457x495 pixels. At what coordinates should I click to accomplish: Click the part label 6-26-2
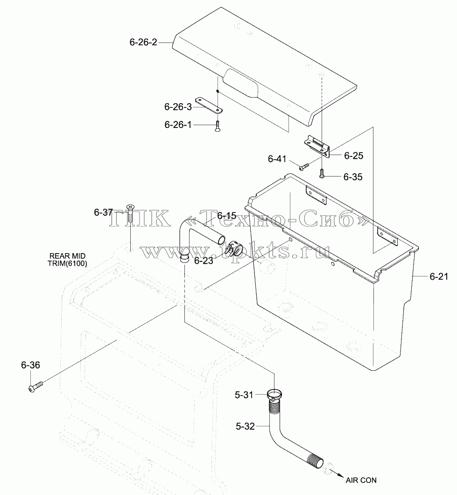[x=143, y=42]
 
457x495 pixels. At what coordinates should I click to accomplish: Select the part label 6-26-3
[x=178, y=106]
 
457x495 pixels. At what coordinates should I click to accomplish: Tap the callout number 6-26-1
[x=178, y=125]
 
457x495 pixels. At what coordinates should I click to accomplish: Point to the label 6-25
[x=353, y=156]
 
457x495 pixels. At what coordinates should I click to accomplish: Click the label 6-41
[x=277, y=159]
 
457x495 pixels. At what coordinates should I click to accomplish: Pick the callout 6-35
[x=353, y=177]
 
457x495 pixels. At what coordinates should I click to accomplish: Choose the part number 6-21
[x=439, y=276]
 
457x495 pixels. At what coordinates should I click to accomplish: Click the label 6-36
[x=31, y=365]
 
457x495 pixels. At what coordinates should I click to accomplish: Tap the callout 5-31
[x=244, y=395]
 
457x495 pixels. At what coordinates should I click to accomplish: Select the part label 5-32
[x=245, y=426]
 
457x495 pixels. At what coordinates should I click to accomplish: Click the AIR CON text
[x=361, y=480]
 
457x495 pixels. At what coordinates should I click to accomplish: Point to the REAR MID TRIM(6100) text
[x=68, y=260]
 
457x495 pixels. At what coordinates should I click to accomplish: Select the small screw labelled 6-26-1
[x=218, y=126]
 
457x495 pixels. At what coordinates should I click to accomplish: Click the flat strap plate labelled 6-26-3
[x=209, y=105]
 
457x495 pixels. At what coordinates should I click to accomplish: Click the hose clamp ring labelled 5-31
[x=274, y=394]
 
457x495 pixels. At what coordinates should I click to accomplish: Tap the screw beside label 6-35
[x=321, y=173]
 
